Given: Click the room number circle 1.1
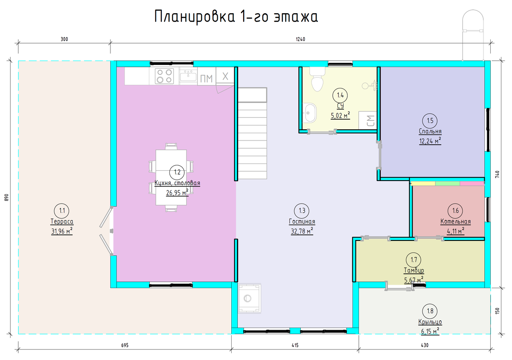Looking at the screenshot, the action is (x=62, y=211).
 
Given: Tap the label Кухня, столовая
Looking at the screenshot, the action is (x=177, y=183).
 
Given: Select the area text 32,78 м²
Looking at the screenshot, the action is (x=302, y=231).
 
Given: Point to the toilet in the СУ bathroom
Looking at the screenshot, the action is (x=317, y=79).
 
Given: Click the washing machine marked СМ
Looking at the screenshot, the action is (x=367, y=120).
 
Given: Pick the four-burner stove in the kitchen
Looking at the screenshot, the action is (x=164, y=76).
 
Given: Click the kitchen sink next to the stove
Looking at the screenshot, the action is (x=188, y=76).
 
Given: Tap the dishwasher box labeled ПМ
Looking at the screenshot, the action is (x=207, y=76).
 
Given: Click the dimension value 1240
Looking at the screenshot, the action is (x=300, y=39).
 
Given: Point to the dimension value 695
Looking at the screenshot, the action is (x=125, y=345).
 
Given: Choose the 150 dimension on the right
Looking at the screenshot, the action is (x=497, y=311).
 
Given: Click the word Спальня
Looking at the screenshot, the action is (x=430, y=131).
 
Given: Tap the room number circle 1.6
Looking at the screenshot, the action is (x=455, y=211).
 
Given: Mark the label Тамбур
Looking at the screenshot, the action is (x=414, y=270).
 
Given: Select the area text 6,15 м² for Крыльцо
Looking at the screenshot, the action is (x=430, y=331).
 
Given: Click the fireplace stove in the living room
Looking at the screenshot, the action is (x=250, y=298).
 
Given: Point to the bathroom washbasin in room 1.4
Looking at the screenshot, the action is (x=310, y=113).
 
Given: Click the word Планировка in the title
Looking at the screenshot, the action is (x=195, y=17).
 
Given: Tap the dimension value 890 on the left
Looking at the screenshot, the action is (x=6, y=197).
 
